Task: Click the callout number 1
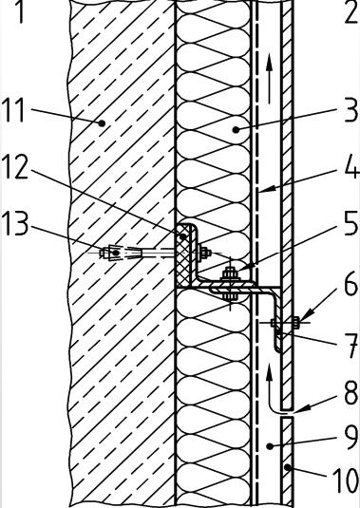coord(19,11)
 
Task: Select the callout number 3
coord(351,110)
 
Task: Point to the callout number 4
coord(351,166)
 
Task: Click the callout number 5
coord(351,224)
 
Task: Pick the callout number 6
coord(351,284)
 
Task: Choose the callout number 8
coord(351,393)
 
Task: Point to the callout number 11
coord(13,110)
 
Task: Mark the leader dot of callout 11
coord(102,123)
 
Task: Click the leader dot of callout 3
coord(236,130)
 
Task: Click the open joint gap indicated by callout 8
coord(287,413)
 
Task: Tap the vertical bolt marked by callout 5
coord(230,284)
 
